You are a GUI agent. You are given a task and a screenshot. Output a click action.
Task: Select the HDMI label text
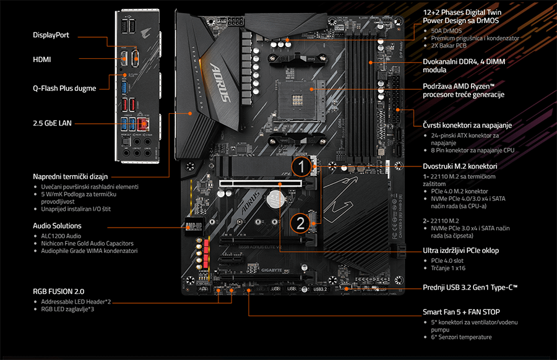click(42, 59)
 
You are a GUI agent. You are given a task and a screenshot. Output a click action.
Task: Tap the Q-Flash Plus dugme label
click(64, 88)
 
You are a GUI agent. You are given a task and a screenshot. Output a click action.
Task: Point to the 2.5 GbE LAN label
click(52, 123)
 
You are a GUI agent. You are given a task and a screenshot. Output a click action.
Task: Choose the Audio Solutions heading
click(57, 226)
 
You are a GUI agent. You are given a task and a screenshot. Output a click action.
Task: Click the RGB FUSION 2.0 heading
click(58, 291)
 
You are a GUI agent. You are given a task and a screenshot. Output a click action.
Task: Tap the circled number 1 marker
click(300, 166)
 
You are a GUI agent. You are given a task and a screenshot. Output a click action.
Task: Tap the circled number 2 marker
click(300, 222)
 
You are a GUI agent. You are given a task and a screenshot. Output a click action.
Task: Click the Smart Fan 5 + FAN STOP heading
click(461, 312)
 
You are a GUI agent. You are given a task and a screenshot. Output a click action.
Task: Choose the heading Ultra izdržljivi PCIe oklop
click(460, 251)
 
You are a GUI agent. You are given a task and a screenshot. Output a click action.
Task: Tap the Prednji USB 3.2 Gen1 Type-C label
click(470, 288)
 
